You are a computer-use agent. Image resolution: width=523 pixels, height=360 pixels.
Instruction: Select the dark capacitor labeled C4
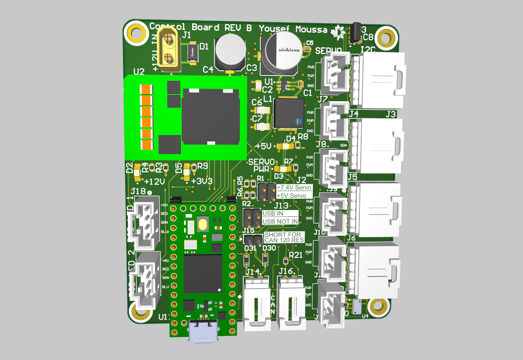pos(230,52)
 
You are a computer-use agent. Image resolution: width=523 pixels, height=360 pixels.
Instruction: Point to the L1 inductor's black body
pos(288,113)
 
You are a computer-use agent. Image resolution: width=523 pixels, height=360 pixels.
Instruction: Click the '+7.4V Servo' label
pos(294,187)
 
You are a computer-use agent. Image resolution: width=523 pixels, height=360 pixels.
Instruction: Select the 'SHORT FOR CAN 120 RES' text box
pos(284,237)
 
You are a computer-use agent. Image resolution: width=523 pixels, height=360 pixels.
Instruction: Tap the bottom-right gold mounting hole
pos(377,306)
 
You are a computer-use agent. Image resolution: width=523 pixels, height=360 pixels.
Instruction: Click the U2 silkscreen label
pos(139,71)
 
